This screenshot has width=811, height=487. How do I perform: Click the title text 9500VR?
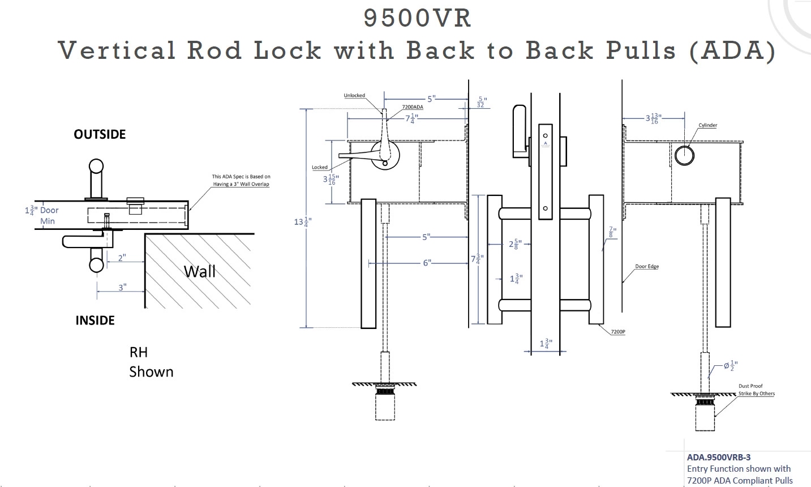coord(417,18)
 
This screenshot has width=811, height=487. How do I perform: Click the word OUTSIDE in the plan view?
coord(100,134)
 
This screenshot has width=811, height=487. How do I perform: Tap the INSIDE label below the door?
coord(95,321)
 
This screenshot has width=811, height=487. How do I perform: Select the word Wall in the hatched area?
coord(200,271)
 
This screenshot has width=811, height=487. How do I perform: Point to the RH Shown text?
coord(151,362)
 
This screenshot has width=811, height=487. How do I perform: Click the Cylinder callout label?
coord(707,125)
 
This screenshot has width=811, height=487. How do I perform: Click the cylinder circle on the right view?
coord(684,155)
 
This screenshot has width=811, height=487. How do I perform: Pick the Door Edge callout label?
coord(646,266)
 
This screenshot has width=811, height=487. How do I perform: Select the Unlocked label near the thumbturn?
coord(354,96)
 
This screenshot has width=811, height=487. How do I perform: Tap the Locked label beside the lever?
coord(320,167)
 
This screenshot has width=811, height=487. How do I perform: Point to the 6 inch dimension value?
coord(427,263)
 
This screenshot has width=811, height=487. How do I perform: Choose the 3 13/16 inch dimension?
coord(653,118)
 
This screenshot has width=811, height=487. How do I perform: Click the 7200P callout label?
coord(618,331)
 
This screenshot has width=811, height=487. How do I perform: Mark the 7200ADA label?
coord(413,107)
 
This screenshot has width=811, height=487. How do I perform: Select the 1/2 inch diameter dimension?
coord(731,365)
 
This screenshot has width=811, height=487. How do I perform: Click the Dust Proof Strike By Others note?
coord(756,390)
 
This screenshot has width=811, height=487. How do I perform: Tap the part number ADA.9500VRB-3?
coord(719,458)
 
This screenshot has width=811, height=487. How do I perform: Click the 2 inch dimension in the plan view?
coord(122,258)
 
